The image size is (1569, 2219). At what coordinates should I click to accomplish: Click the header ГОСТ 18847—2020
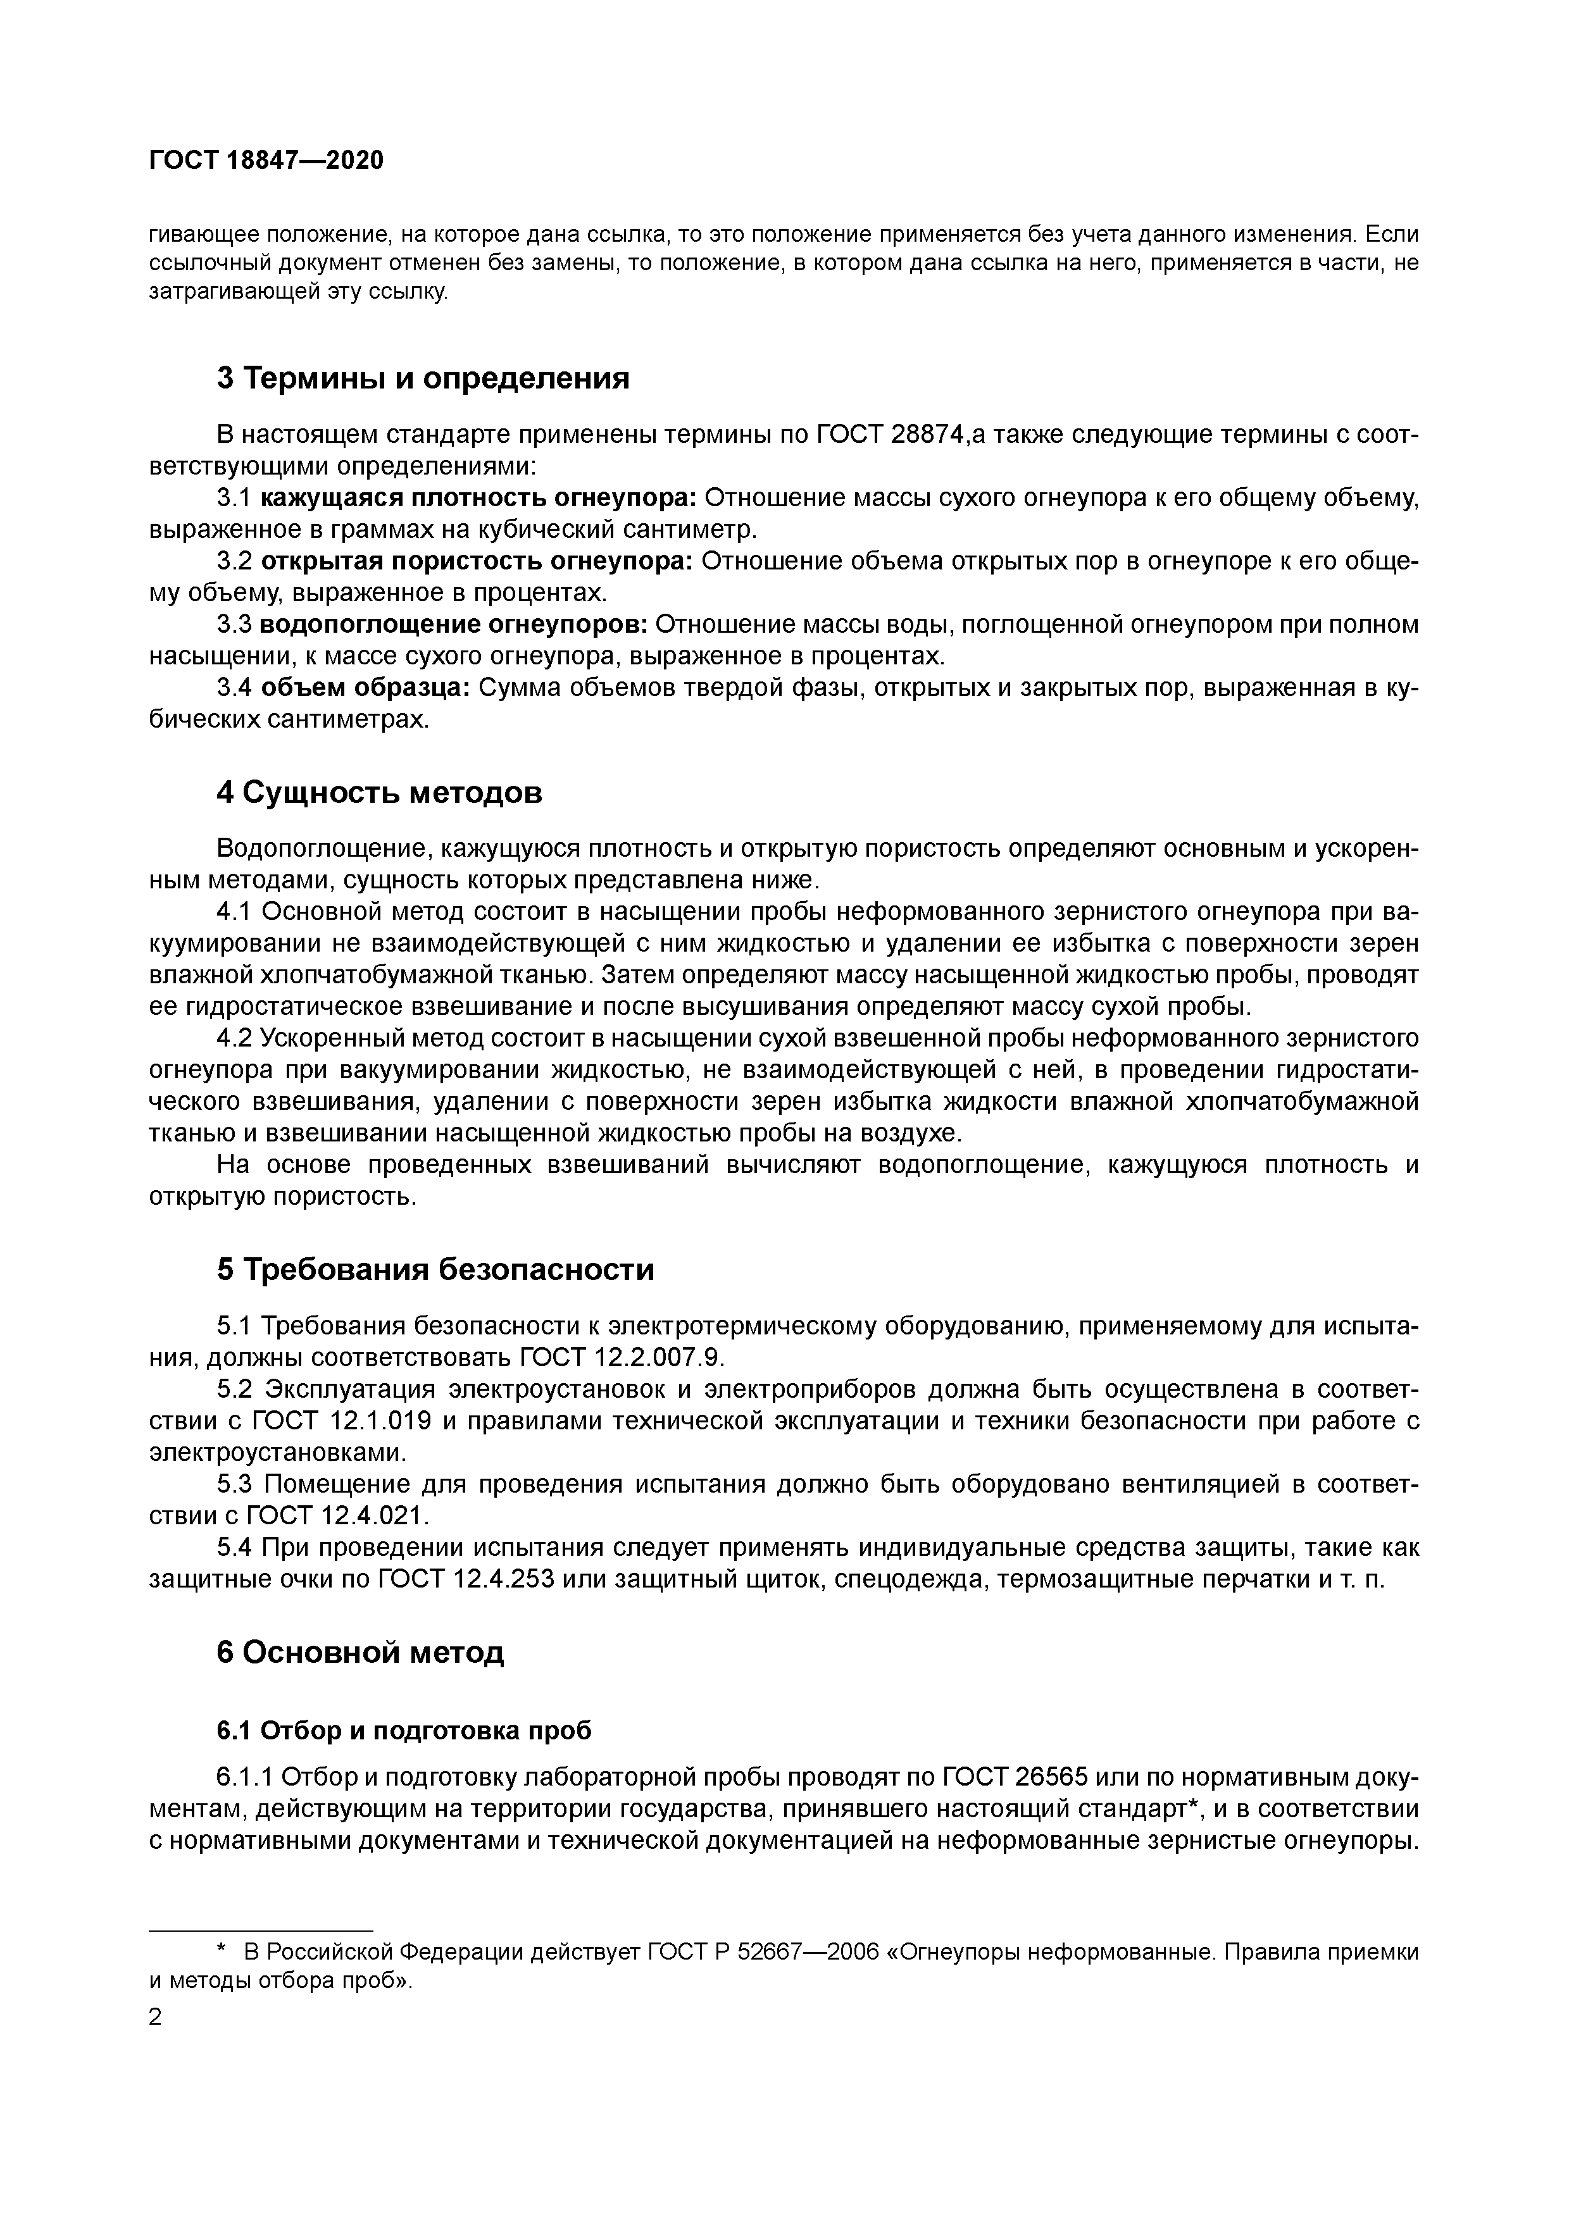click(x=266, y=161)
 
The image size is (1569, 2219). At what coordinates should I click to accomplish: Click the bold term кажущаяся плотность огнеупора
click(x=478, y=498)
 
